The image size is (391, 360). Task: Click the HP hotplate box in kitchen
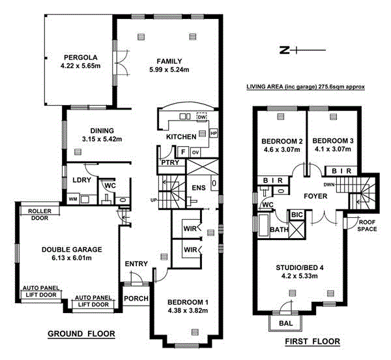coord(214,132)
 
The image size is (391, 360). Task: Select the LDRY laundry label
coord(81,180)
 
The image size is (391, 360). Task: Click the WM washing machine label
coord(73,198)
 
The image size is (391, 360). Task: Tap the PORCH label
coord(136,299)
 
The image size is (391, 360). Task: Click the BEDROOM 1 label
coord(188,302)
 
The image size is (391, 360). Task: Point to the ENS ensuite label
coord(198,190)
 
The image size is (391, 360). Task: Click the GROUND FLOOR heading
coord(81,334)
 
